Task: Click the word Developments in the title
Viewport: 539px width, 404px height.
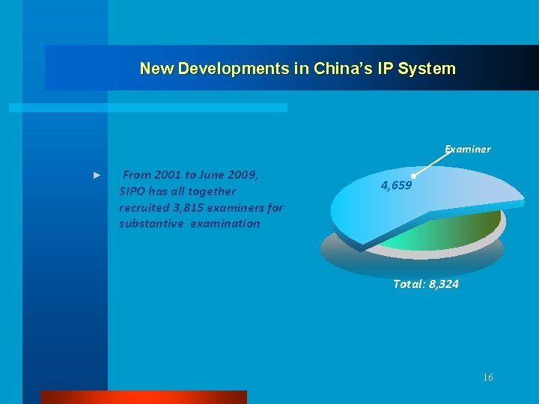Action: coord(222,69)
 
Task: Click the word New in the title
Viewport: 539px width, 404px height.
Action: coord(156,69)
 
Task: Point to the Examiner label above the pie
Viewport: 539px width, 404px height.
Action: coord(468,149)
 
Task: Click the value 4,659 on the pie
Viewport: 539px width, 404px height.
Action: coord(396,186)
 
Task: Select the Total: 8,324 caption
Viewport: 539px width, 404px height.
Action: coord(426,284)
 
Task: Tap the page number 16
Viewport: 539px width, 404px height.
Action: coord(488,378)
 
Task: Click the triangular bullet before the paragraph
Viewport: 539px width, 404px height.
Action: coord(97,175)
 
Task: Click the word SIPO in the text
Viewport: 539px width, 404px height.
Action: coord(132,192)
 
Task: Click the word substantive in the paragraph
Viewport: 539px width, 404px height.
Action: coord(150,224)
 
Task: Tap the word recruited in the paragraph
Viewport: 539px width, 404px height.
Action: coord(144,207)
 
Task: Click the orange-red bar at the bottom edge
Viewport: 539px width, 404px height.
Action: coord(143,397)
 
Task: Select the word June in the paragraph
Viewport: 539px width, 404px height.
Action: coord(214,175)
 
